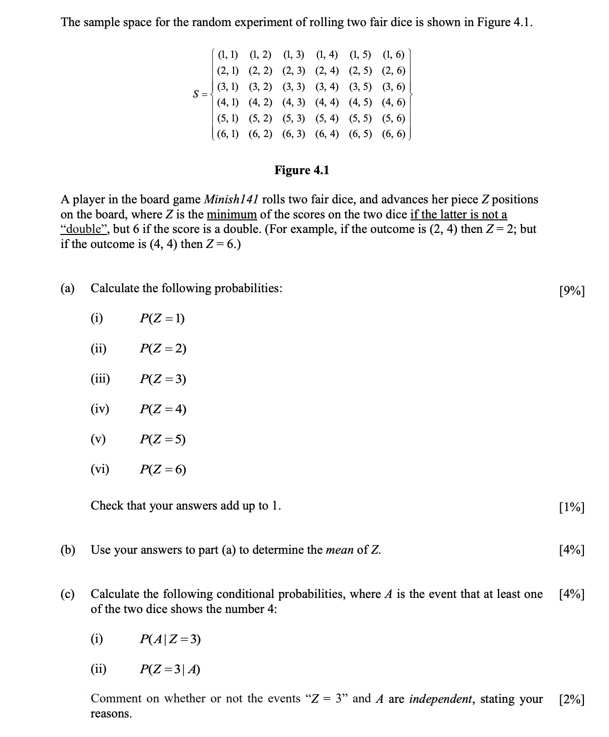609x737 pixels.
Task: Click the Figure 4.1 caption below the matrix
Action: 301,170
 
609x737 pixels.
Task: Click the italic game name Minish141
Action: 231,199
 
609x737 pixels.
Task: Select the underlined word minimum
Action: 232,214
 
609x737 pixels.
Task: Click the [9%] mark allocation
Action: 572,291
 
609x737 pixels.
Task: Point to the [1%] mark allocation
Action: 572,507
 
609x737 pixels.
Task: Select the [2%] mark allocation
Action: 572,699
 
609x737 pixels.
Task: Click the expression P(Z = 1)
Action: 162,318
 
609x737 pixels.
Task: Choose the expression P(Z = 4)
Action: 163,409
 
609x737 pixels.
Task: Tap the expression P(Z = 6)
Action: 163,469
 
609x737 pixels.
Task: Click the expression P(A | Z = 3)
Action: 170,639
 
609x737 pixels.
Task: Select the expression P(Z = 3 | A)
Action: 170,669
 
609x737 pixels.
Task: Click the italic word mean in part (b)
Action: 340,550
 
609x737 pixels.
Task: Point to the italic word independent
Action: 441,699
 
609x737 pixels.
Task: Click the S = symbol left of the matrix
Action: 200,94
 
